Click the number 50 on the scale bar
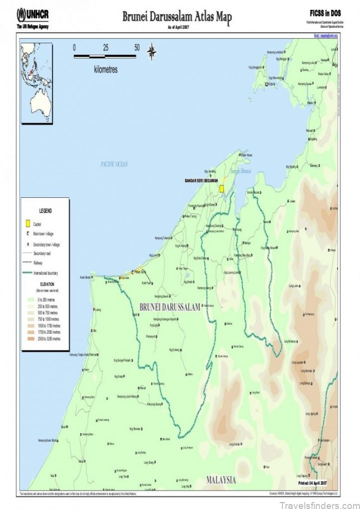pos(137,48)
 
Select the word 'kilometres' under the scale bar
pos(106,70)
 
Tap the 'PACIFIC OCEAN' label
pos(114,164)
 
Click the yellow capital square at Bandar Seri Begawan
pos(222,188)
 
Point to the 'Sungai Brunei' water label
pos(241,171)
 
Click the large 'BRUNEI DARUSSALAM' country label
pos(170,307)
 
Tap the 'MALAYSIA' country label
pos(221,480)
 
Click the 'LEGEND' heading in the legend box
pos(45,211)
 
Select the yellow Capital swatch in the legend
pos(28,223)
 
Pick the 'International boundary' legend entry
pos(50,273)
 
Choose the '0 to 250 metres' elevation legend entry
pos(47,300)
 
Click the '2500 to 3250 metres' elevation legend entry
pos(49,339)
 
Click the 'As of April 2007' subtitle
pos(177,26)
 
